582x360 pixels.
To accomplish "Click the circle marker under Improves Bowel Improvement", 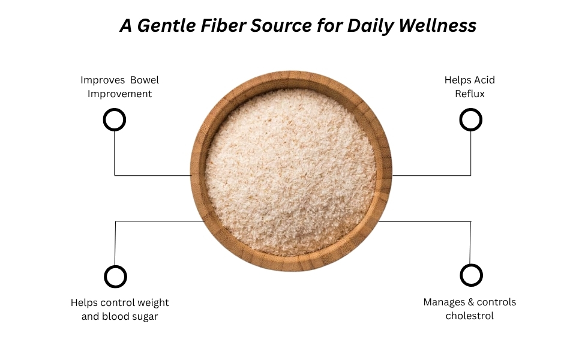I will tap(115, 119).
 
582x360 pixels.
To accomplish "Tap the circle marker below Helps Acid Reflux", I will tap(470, 119).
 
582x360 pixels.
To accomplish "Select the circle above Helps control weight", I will tap(115, 277).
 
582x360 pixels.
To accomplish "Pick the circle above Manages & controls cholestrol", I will tap(471, 275).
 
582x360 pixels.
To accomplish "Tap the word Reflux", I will tap(469, 94).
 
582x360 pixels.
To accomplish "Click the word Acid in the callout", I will tap(484, 80).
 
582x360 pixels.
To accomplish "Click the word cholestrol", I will tap(469, 316).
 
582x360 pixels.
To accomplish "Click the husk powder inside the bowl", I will tap(291, 171).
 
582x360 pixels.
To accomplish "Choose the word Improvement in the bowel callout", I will tap(119, 94).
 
